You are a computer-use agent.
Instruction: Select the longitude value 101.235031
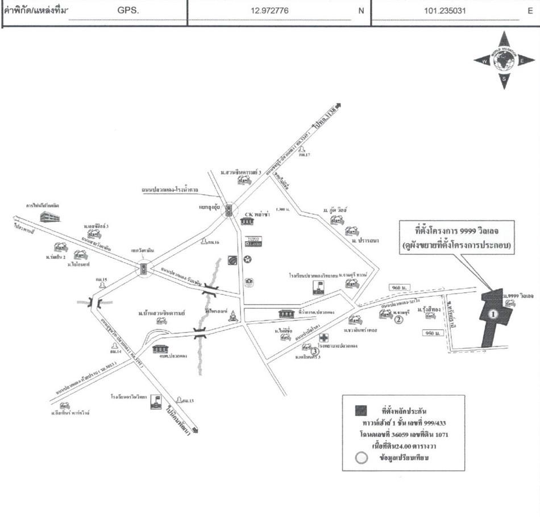click(x=445, y=10)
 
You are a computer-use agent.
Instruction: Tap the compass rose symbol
click(x=503, y=60)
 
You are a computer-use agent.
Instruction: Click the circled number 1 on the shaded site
click(x=493, y=313)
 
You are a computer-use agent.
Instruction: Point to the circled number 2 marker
click(x=399, y=320)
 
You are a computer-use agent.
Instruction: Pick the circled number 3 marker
click(x=315, y=350)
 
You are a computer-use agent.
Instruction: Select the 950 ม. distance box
click(x=434, y=333)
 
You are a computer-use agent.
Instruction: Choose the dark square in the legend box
click(x=360, y=410)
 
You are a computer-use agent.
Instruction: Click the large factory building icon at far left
click(x=49, y=216)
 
